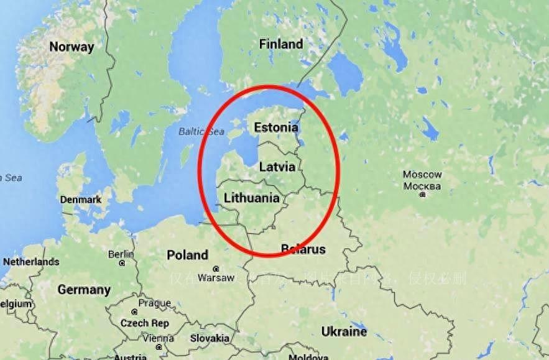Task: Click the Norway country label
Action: [x=72, y=47]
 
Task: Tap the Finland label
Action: [x=281, y=44]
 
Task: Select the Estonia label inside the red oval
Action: [x=276, y=127]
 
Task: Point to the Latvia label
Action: [x=277, y=167]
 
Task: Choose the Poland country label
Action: [x=187, y=255]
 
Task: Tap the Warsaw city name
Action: [x=216, y=277]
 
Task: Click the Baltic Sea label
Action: [x=201, y=131]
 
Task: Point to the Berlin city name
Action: [x=121, y=254]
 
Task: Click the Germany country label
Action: [x=84, y=290]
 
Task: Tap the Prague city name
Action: [x=155, y=303]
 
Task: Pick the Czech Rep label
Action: [x=144, y=323]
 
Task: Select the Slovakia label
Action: [x=210, y=338]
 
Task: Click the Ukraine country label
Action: [x=344, y=330]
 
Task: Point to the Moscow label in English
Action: [x=422, y=175]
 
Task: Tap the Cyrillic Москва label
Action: [x=422, y=186]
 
